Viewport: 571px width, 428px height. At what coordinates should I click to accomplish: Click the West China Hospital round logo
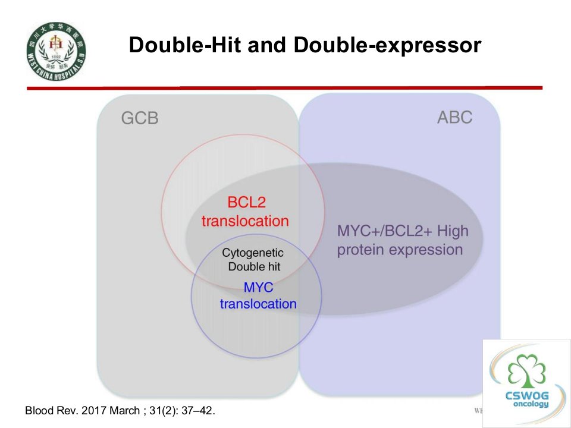56,51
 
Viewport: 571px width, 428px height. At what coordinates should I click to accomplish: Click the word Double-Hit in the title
185,45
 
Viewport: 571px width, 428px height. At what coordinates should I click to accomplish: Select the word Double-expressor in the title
387,46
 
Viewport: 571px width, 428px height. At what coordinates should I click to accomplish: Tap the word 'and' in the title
267,45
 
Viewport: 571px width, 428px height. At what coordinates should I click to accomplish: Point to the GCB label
140,118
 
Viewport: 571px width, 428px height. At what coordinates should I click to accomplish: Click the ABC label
455,117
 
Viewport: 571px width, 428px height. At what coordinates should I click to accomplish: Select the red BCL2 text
246,202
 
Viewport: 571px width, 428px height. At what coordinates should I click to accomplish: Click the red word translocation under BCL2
245,221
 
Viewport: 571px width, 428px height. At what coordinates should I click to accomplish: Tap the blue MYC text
258,288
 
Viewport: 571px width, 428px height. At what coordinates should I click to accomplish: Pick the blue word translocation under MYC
258,304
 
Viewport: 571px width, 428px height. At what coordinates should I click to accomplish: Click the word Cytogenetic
253,253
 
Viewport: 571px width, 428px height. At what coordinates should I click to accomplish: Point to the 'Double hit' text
254,266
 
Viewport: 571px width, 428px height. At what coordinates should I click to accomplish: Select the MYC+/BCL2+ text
385,231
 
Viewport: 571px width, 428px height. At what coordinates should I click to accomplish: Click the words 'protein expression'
400,250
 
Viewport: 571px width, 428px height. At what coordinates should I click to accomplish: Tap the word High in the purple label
453,231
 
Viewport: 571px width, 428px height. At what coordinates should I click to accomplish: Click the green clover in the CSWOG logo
526,371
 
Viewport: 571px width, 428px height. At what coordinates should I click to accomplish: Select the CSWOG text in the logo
527,395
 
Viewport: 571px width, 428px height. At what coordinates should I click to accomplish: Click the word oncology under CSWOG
531,404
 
